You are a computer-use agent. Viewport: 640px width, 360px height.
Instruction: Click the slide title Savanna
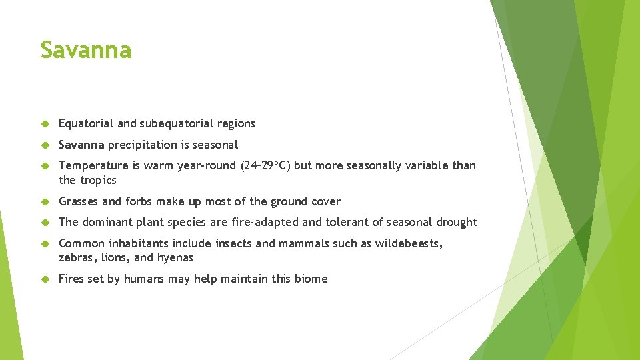point(86,50)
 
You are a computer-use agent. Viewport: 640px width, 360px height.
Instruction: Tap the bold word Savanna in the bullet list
point(81,145)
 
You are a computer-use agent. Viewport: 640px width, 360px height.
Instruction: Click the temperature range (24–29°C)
point(265,165)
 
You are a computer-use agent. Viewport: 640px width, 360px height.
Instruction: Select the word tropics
point(98,181)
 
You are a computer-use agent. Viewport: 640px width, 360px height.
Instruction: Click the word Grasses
point(79,201)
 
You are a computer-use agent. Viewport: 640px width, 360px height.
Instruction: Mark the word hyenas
point(175,258)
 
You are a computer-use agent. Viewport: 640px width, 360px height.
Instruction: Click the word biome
point(311,279)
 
